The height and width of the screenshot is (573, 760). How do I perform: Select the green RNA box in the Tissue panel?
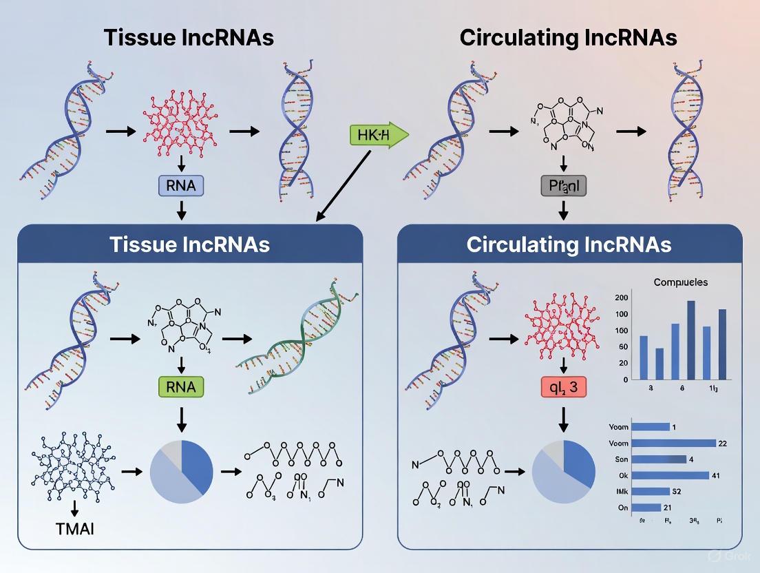[x=181, y=387]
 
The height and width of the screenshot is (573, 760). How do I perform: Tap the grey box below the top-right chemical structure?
[x=563, y=185]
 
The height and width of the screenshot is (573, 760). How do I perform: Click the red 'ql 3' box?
[x=563, y=388]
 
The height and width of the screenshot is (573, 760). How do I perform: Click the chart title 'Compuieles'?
[x=681, y=282]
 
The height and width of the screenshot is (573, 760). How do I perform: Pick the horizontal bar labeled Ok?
[x=670, y=475]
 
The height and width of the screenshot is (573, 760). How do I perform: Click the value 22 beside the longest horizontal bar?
[x=721, y=443]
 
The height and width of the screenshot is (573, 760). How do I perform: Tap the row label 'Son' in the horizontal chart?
[x=620, y=459]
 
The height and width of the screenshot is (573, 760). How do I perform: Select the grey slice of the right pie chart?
[x=552, y=450]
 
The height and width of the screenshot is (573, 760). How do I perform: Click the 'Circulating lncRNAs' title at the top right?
[x=568, y=38]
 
